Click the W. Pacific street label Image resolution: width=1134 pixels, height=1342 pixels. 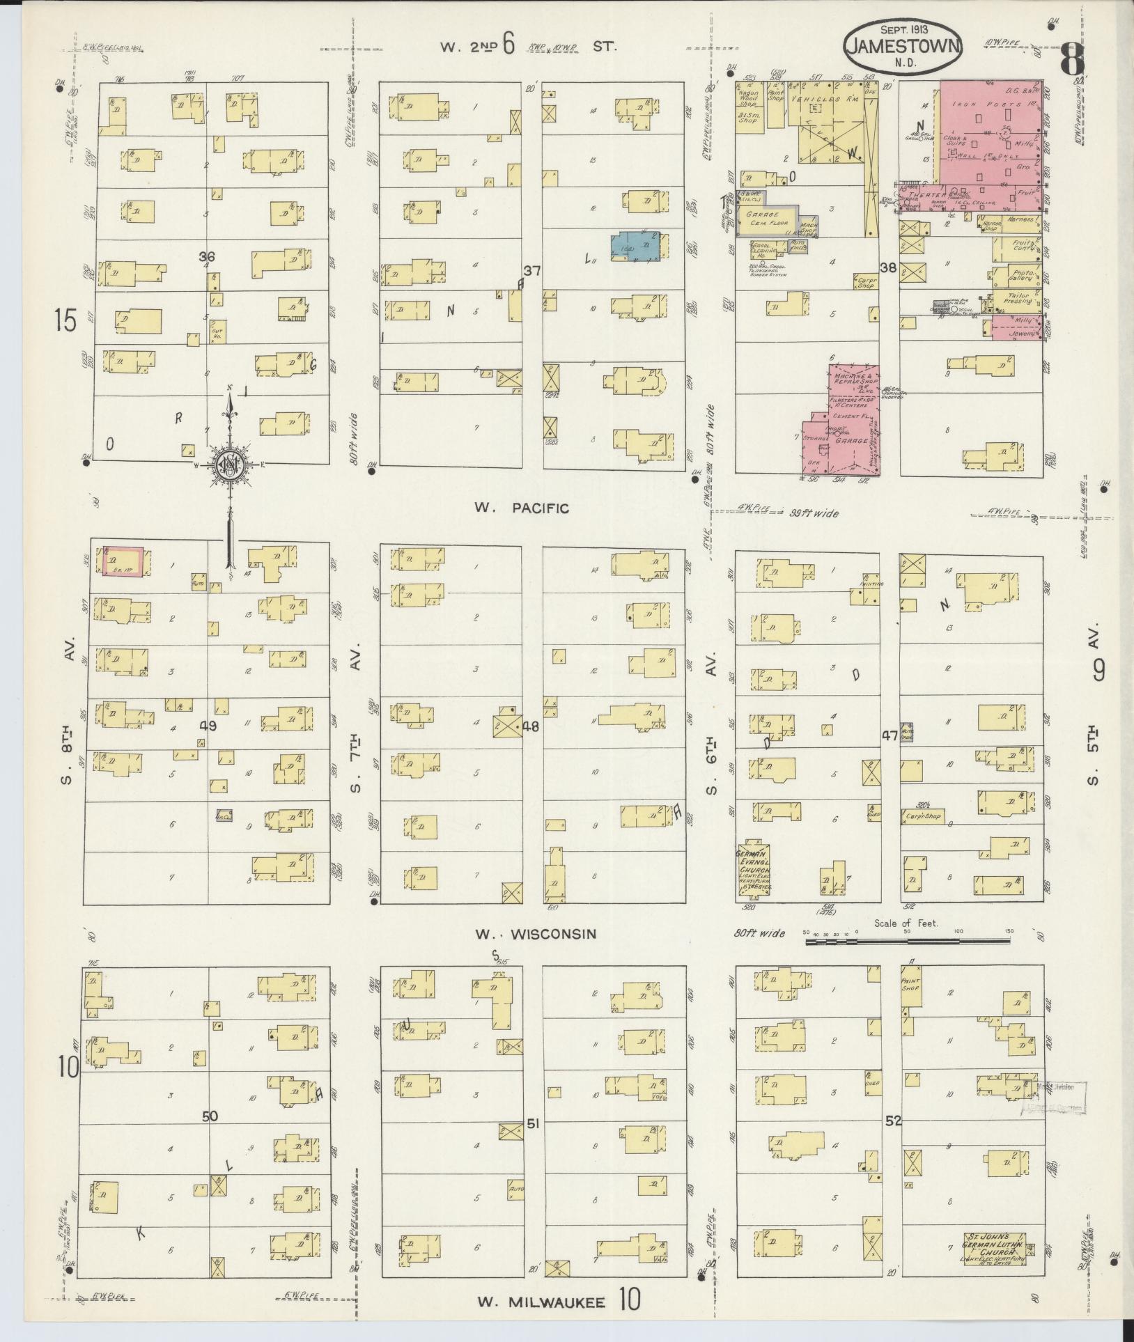[x=522, y=508]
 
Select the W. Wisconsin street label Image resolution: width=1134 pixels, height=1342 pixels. [x=536, y=933]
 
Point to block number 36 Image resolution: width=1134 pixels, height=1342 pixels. [x=206, y=257]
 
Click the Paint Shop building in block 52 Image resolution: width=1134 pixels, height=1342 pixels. [x=910, y=985]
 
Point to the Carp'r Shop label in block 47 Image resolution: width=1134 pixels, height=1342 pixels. [x=923, y=816]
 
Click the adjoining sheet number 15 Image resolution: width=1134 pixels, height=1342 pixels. [x=67, y=321]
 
